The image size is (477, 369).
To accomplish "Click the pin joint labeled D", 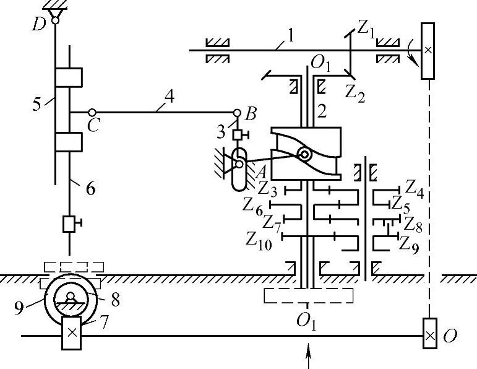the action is pos(55,20).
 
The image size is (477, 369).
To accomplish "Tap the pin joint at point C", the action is pos(92,112).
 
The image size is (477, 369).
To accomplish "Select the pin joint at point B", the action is pos(238,113).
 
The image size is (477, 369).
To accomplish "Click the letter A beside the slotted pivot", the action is pos(260,173).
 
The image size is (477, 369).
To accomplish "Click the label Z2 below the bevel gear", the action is pos(355,93).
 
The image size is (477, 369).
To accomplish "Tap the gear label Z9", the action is pos(408,245).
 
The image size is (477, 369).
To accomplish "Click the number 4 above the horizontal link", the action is pos(169,97).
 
